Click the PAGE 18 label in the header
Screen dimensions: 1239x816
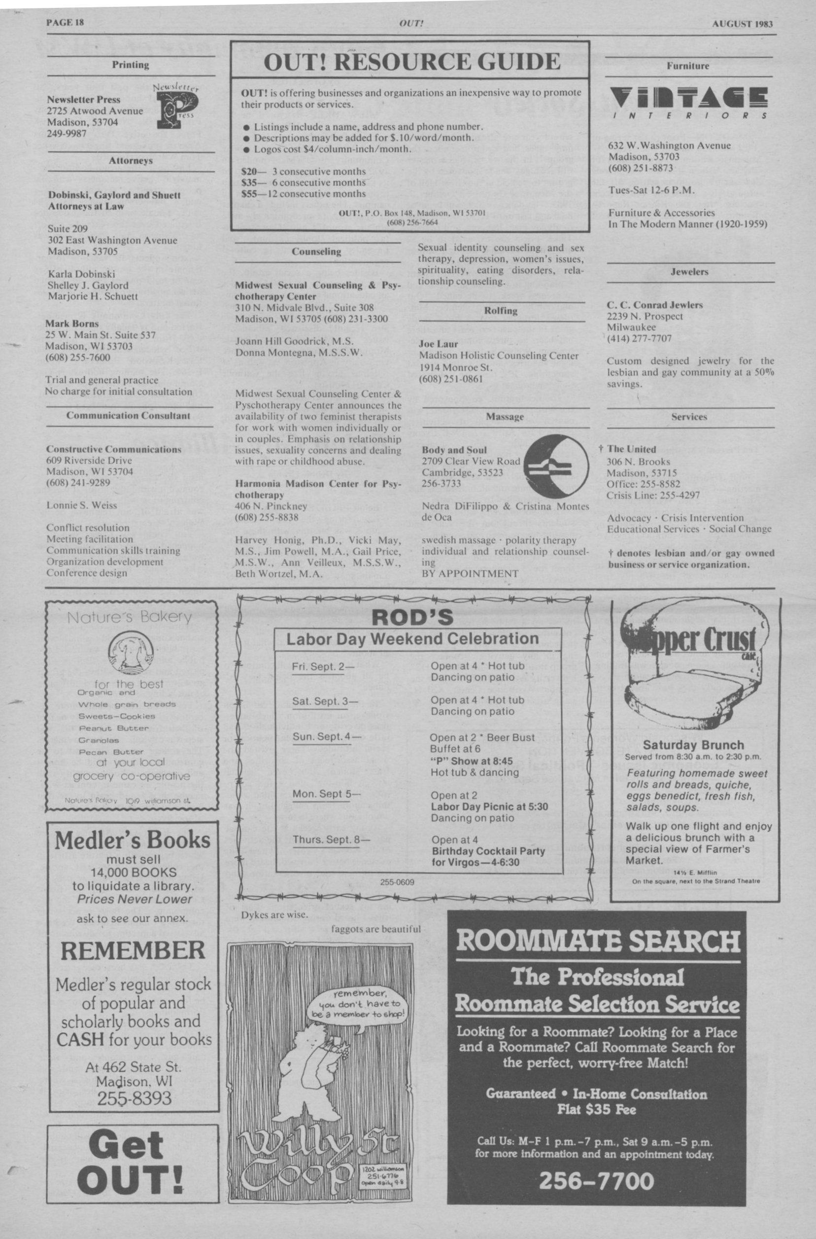[x=65, y=23]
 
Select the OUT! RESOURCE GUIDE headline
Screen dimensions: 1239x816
[x=411, y=63]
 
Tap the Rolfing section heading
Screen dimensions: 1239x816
[x=500, y=311]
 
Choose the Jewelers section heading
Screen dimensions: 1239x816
[x=689, y=272]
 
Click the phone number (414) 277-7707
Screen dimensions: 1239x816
[x=639, y=338]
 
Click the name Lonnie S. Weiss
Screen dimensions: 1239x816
[x=82, y=505]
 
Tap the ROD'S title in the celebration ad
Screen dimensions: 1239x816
[x=413, y=618]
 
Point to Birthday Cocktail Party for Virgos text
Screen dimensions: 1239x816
[x=488, y=856]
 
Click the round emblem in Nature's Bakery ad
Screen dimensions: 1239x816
[x=130, y=653]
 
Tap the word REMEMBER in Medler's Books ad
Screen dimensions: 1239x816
[x=133, y=950]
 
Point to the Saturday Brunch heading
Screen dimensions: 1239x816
[x=693, y=745]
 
